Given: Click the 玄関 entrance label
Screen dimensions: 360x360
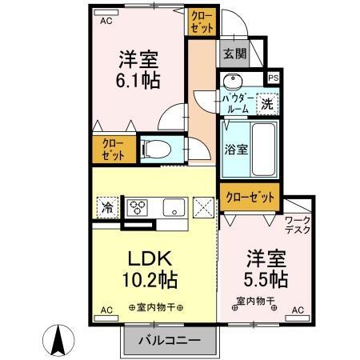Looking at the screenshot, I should tap(234, 54).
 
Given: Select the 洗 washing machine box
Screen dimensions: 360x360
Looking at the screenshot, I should tap(267, 102).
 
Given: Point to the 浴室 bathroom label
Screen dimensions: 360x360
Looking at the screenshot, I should tap(235, 149).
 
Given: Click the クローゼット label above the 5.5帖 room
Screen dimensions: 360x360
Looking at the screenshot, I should tap(251, 196).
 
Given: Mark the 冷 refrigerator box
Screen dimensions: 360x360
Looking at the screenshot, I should tap(107, 208).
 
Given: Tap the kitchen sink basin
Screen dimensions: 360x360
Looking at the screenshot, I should tap(173, 208).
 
